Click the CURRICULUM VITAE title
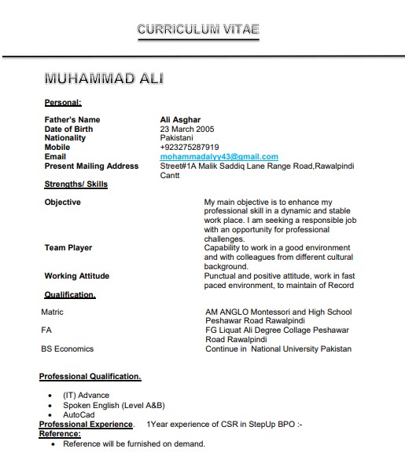[x=197, y=30]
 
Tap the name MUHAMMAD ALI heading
[x=104, y=78]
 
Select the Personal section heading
[x=63, y=102]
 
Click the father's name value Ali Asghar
[x=180, y=120]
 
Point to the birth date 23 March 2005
[x=187, y=129]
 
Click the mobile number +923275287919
[x=190, y=147]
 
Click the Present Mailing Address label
[x=91, y=166]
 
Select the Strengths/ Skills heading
[x=76, y=184]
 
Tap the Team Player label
[x=68, y=248]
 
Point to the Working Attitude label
[x=77, y=276]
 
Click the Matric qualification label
[x=52, y=312]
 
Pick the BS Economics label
[x=67, y=348]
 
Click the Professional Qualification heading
[x=90, y=377]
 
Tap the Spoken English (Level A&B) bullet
[x=114, y=404]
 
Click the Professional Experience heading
[x=87, y=424]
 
